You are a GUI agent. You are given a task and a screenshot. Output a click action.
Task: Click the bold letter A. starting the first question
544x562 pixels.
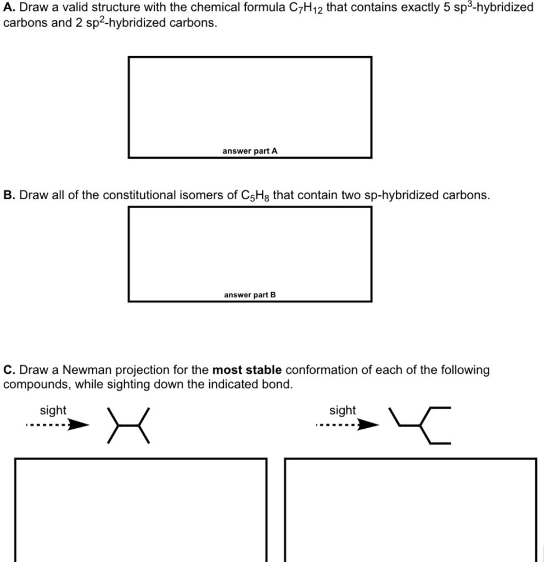(9, 8)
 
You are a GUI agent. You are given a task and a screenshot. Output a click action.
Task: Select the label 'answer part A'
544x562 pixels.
(250, 151)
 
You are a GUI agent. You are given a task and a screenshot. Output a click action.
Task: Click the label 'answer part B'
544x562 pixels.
(250, 295)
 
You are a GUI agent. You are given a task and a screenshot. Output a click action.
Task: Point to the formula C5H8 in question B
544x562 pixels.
(255, 196)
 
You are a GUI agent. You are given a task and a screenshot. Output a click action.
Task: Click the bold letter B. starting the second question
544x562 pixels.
(9, 195)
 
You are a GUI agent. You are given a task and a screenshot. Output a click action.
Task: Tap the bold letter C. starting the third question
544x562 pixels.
(9, 370)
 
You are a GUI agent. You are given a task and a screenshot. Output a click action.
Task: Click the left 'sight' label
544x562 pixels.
(53, 411)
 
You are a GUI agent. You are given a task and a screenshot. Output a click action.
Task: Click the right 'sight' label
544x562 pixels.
(343, 411)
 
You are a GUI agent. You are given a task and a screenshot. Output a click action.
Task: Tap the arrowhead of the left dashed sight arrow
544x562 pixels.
(81, 425)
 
